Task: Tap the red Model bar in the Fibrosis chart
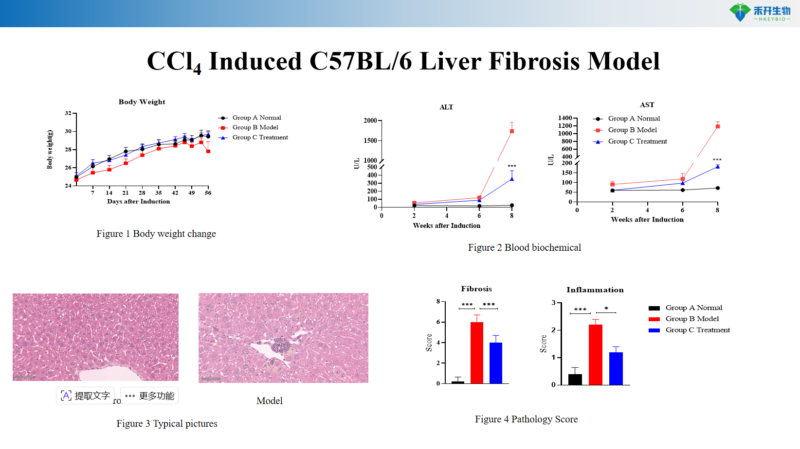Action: pos(477,353)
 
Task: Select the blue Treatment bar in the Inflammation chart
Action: pos(616,368)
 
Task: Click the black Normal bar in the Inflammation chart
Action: pos(575,379)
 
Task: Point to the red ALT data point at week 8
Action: pos(512,131)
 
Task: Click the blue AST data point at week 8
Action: pos(718,167)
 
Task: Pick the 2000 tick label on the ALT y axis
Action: pos(370,121)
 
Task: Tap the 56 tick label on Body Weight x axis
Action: pos(208,193)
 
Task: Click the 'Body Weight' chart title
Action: pos(142,102)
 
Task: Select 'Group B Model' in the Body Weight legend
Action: pos(255,127)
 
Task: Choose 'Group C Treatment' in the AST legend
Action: pos(637,141)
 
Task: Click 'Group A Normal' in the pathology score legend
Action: pos(693,308)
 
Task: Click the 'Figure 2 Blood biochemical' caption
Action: pos(524,247)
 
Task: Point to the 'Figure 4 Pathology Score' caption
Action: pos(526,419)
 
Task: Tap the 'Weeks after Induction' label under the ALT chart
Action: pos(446,225)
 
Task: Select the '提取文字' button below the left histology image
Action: pos(85,396)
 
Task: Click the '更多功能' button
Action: pos(149,396)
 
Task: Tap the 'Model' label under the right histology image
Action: pos(270,401)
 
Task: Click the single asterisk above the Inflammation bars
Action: pos(606,309)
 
